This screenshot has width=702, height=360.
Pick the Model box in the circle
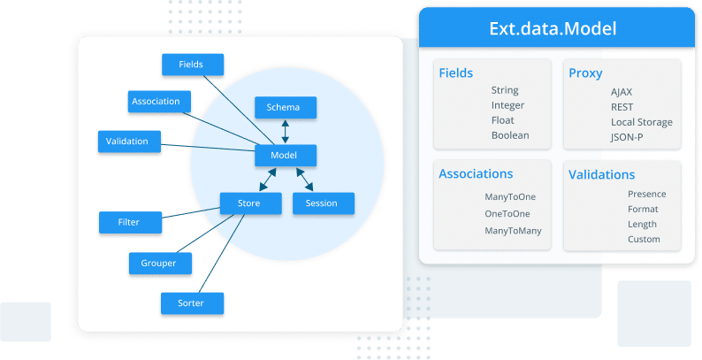[286, 155]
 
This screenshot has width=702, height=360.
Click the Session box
[323, 203]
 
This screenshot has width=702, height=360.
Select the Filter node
[129, 221]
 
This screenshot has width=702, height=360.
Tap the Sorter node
[192, 303]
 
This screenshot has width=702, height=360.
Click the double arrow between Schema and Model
[286, 131]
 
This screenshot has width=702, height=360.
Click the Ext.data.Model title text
[553, 28]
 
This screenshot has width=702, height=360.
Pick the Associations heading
[476, 173]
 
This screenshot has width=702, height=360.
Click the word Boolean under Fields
[510, 135]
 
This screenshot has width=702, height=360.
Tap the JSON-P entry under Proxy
[627, 137]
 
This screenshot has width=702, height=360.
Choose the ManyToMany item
[513, 231]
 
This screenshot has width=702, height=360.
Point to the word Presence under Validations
[646, 194]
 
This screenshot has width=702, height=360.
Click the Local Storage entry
[641, 122]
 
